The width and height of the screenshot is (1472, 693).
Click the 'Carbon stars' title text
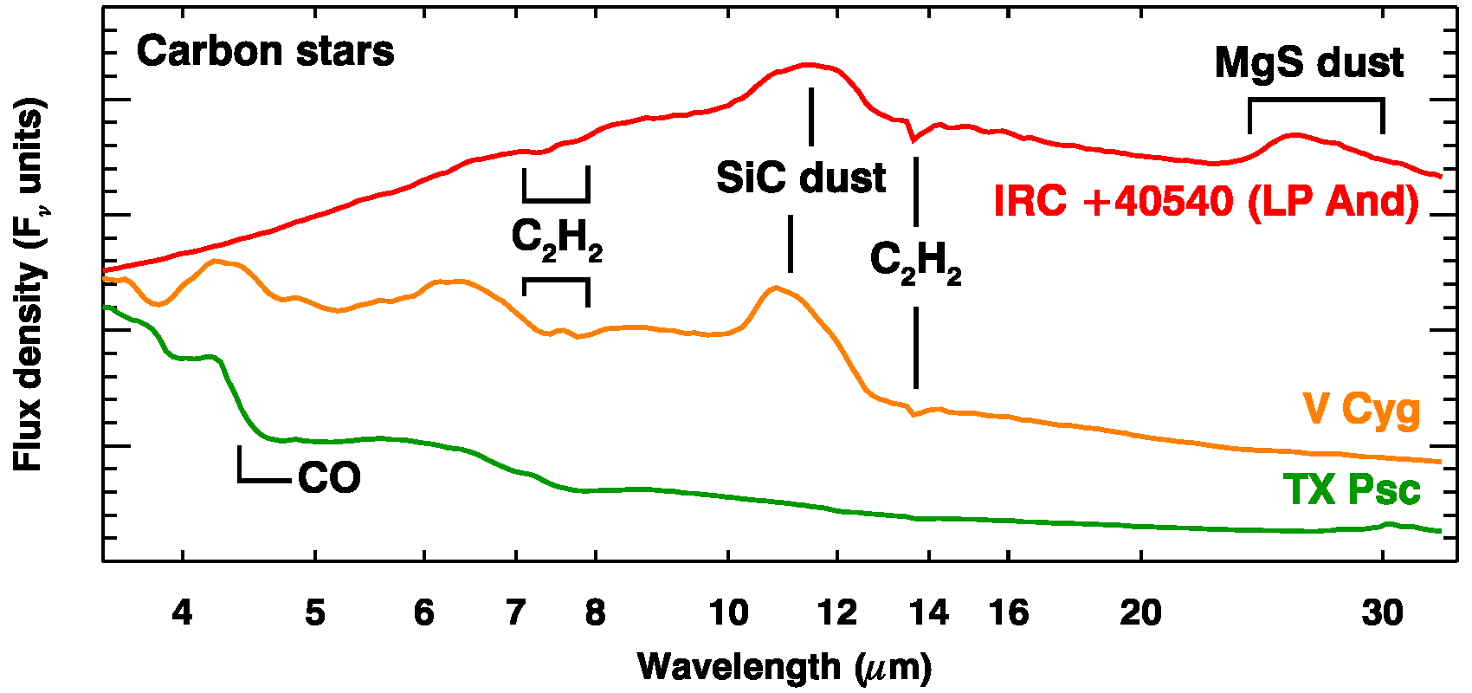[265, 52]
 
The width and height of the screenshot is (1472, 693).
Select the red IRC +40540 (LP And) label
[1206, 202]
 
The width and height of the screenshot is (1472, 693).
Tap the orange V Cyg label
[1361, 408]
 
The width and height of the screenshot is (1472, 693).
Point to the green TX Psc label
[1352, 490]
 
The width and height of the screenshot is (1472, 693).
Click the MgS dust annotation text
[1308, 63]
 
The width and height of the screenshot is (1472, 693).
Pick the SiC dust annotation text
[801, 178]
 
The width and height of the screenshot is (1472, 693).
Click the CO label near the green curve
[329, 478]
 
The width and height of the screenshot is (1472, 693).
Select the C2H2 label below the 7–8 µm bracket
[557, 239]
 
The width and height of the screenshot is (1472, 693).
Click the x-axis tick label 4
[182, 613]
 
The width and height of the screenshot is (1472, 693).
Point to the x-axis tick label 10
[728, 613]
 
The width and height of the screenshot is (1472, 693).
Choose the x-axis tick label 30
[1382, 613]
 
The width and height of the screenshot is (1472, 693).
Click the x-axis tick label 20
[1140, 613]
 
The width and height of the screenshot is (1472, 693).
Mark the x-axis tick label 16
[1009, 613]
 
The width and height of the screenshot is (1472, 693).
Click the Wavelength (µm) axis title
[784, 667]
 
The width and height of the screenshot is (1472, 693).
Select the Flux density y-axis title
[29, 286]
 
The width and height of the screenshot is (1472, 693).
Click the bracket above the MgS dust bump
[1316, 100]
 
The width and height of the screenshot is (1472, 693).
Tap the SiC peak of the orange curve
[775, 287]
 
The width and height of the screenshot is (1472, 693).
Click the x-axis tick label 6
[423, 613]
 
